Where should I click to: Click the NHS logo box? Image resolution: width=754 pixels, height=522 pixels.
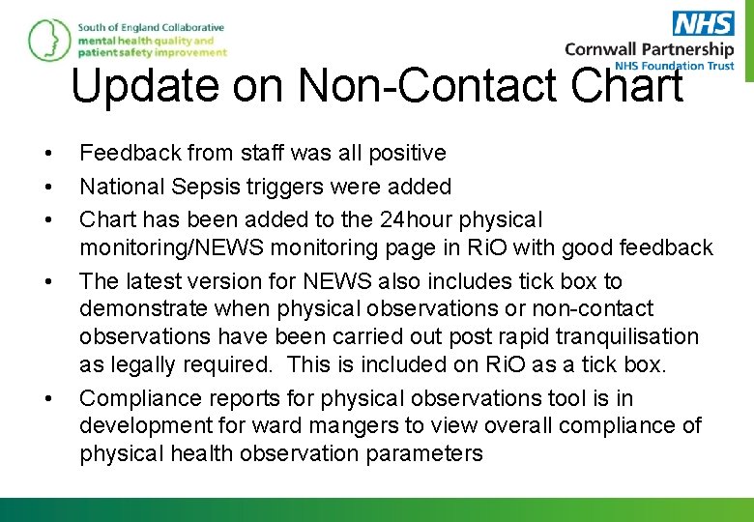(703, 24)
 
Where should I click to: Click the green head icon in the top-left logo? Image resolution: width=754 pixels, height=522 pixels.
(45, 40)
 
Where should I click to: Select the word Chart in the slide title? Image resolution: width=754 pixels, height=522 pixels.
(626, 85)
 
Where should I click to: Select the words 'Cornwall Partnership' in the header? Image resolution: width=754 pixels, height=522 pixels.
(649, 49)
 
